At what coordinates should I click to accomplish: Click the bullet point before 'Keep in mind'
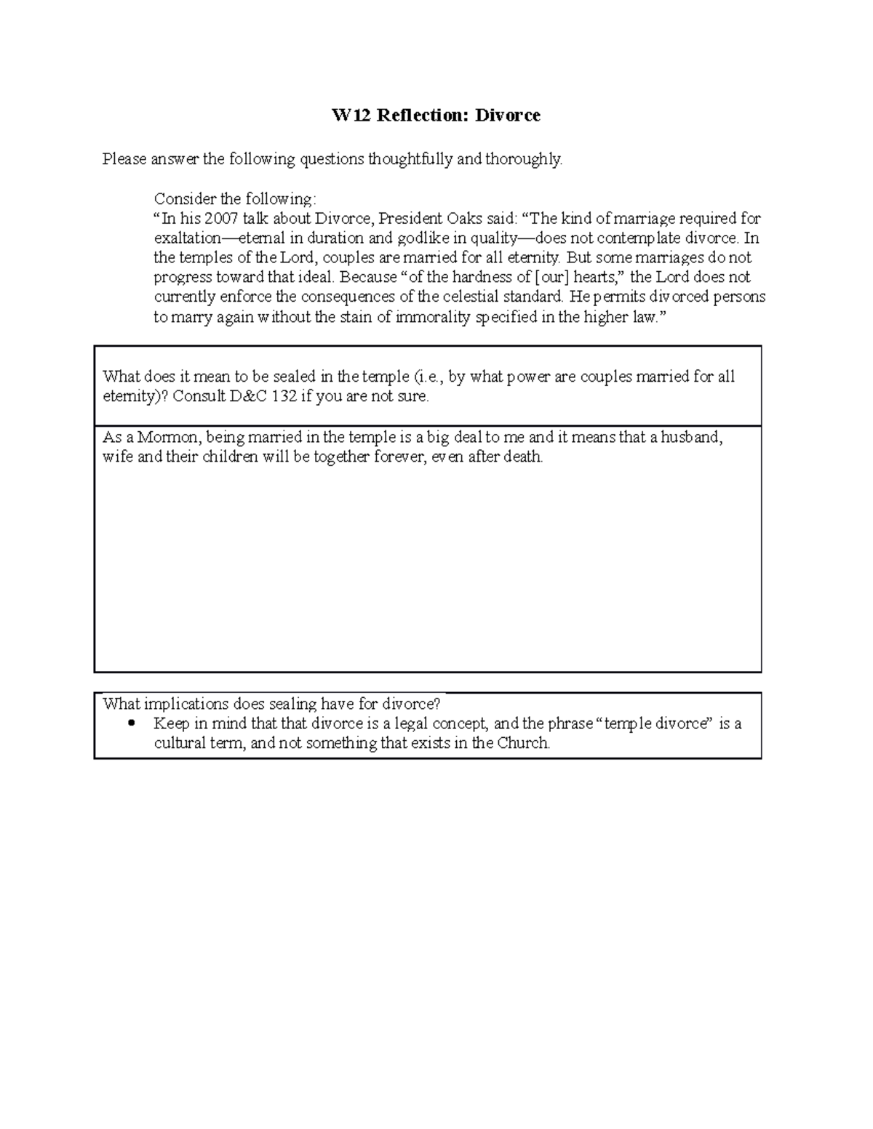tap(131, 723)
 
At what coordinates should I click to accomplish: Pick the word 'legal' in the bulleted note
tap(412, 723)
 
